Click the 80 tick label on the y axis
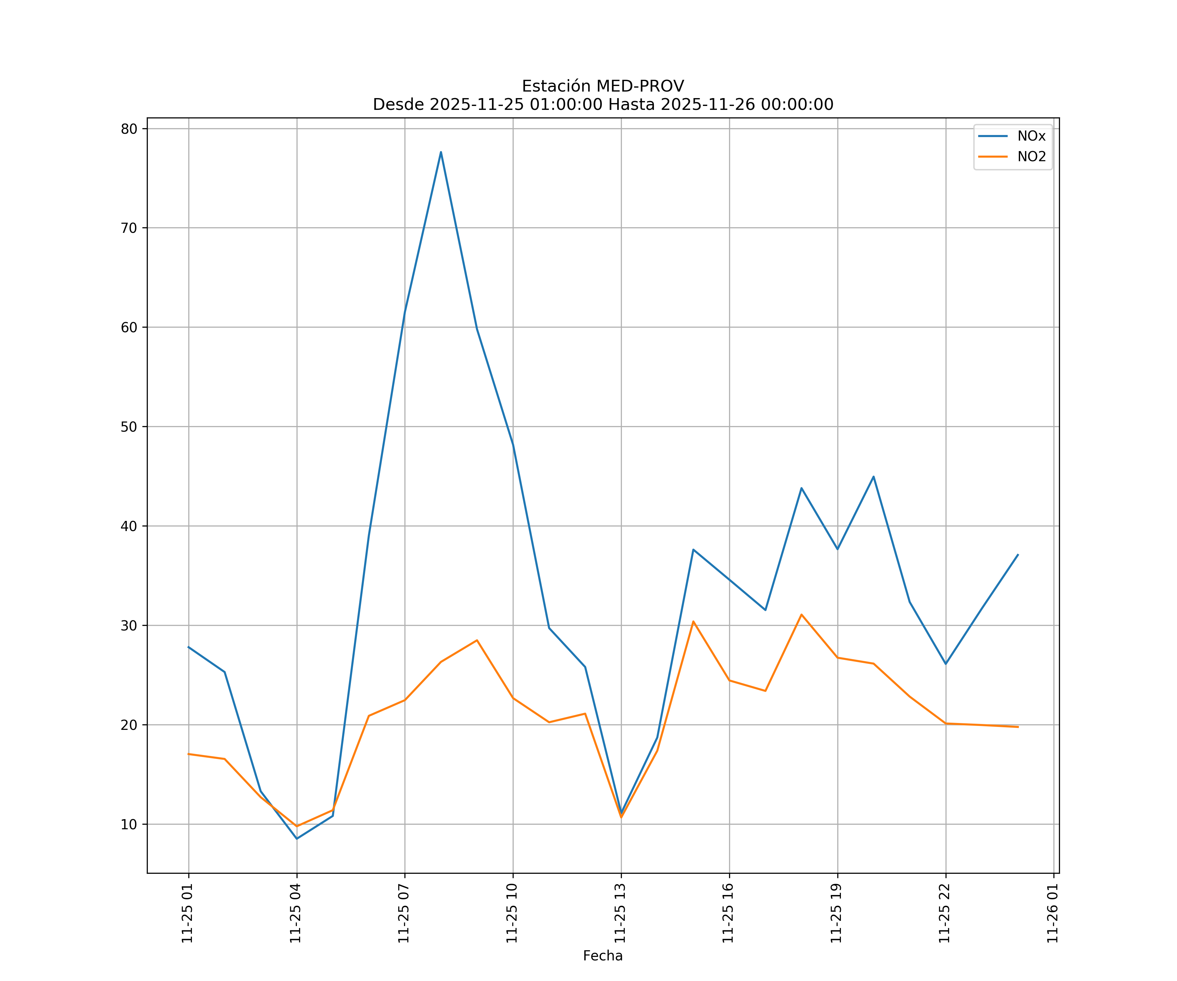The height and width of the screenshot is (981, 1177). click(129, 129)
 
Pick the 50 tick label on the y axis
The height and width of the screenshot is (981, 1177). click(129, 427)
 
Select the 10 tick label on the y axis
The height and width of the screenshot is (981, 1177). click(129, 824)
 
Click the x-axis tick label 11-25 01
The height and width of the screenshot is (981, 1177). click(187, 913)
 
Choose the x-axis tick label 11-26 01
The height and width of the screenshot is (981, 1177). click(1052, 913)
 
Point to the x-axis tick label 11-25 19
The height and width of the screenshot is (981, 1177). click(836, 913)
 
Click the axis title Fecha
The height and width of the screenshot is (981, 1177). click(603, 956)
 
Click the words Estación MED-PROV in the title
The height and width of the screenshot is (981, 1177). click(603, 86)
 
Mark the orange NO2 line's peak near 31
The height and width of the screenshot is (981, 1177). click(801, 614)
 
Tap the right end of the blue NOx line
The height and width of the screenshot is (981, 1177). click(1018, 554)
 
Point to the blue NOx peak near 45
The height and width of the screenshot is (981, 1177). click(873, 476)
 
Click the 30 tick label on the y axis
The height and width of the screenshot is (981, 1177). click(129, 626)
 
